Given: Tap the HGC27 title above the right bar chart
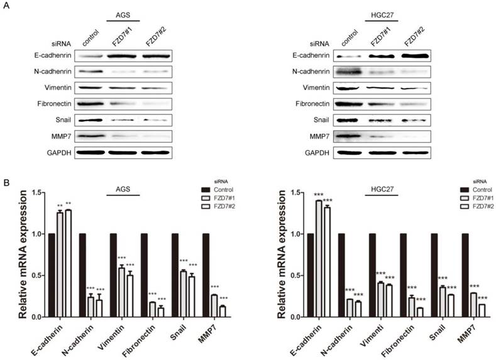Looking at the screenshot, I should [382, 188].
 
